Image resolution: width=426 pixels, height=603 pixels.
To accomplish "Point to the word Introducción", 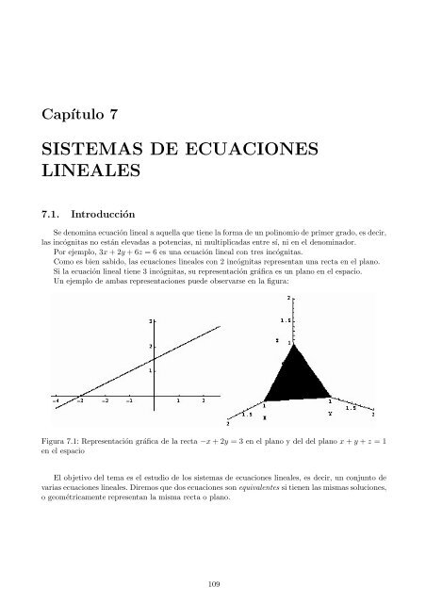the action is (107, 213).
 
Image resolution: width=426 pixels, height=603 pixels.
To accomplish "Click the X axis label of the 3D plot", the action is (264, 416).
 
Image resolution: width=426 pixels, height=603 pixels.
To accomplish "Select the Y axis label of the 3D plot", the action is (329, 413).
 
